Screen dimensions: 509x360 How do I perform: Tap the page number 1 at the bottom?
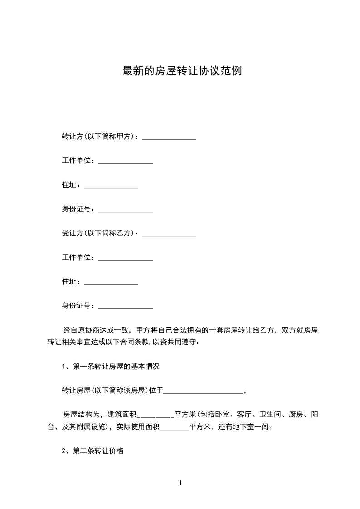tap(180, 483)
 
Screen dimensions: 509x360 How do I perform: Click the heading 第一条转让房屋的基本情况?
tap(116, 367)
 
